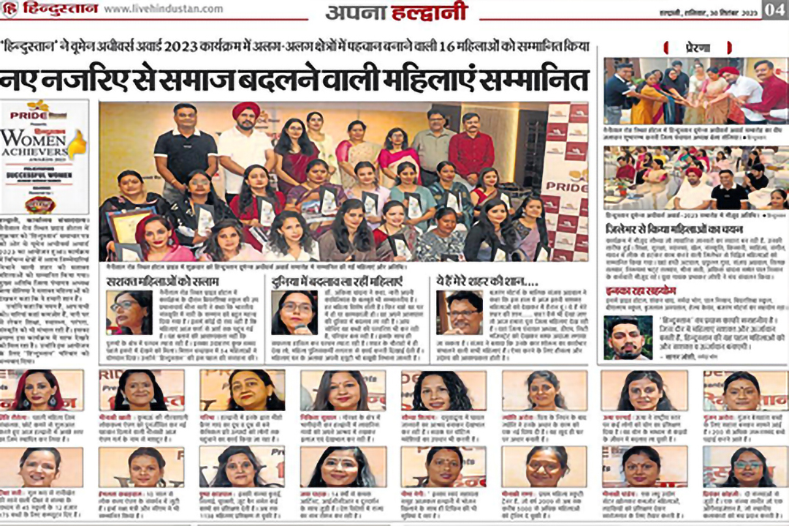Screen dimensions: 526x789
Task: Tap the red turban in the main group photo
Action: click(x=245, y=110)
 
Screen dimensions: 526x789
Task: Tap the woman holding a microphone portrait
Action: click(x=294, y=312)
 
